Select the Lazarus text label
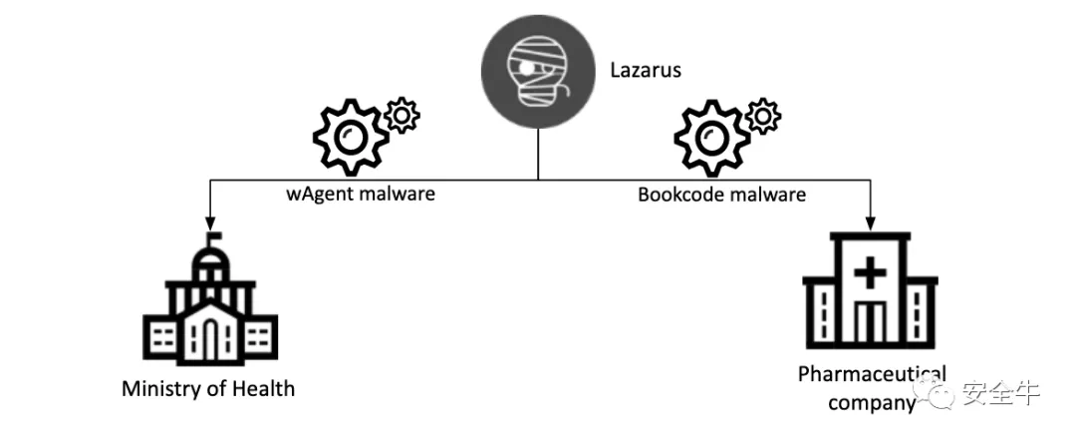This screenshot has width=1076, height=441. click(646, 70)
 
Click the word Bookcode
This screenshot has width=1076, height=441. click(679, 195)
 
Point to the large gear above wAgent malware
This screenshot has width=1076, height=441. click(351, 137)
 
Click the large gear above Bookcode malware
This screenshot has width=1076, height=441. click(712, 137)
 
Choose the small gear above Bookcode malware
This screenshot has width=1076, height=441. click(764, 116)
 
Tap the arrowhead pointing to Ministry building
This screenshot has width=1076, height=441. click(210, 222)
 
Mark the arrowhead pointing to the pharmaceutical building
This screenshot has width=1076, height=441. click(870, 222)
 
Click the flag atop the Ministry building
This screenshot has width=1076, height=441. click(214, 237)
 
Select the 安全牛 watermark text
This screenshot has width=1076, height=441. click(1000, 393)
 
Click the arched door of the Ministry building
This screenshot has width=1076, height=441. click(210, 339)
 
